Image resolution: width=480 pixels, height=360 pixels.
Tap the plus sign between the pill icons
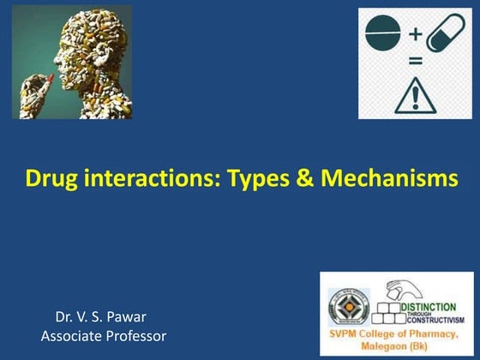[415, 34]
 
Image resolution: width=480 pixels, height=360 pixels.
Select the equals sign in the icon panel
[414, 62]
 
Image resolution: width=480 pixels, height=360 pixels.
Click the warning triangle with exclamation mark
[414, 93]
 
